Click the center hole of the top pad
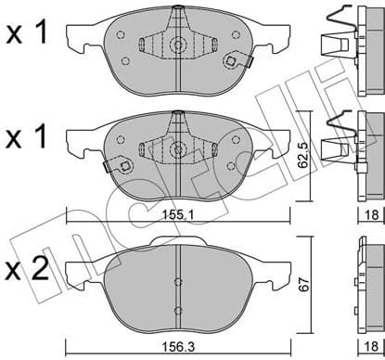175,44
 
